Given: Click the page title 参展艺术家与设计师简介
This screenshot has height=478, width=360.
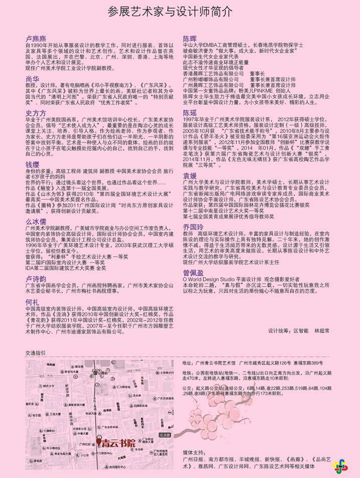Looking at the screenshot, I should [x=170, y=13].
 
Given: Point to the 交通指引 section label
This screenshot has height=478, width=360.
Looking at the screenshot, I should [x=35, y=353].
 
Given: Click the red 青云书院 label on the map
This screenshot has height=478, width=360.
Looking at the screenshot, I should [x=118, y=443].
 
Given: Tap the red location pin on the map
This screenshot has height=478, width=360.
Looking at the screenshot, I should [x=98, y=442].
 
